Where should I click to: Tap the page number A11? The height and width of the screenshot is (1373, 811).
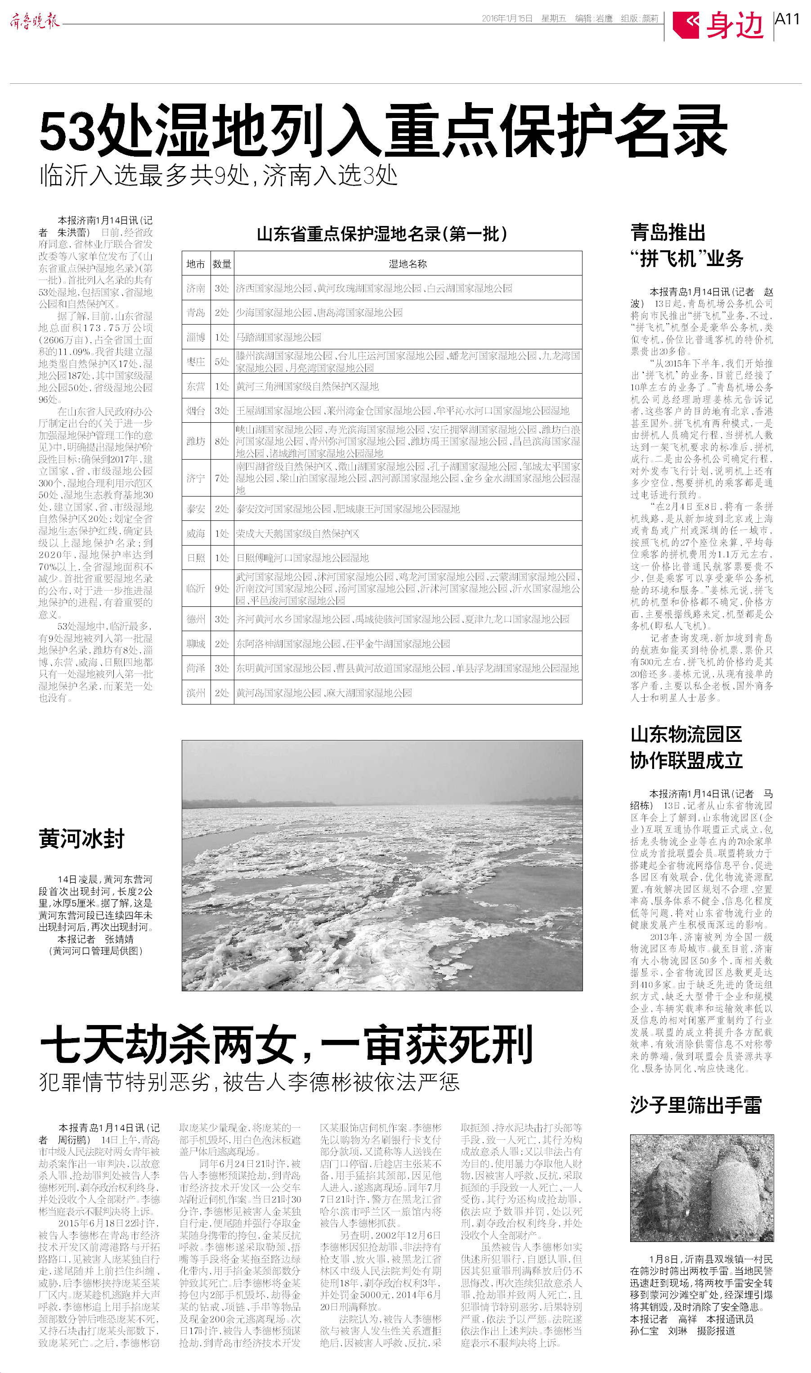tap(787, 19)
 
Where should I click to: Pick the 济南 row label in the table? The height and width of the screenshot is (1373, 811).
tap(196, 288)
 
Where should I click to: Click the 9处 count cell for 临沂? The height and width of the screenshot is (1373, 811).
tap(221, 588)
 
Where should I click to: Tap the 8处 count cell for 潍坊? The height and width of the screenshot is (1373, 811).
tap(221, 441)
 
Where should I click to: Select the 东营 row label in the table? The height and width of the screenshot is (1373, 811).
tap(196, 387)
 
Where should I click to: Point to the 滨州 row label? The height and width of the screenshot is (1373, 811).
tap(196, 693)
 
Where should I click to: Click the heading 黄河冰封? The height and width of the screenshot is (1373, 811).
tap(81, 839)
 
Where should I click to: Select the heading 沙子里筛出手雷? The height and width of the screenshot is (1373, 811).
tap(695, 1105)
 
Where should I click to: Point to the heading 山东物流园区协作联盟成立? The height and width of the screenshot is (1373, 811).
tap(686, 747)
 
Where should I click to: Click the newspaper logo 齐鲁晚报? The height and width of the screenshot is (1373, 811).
tap(35, 21)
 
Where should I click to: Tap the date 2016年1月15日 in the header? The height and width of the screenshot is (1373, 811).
tap(506, 18)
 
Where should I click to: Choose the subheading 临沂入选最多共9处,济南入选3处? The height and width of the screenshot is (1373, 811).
tap(219, 176)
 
